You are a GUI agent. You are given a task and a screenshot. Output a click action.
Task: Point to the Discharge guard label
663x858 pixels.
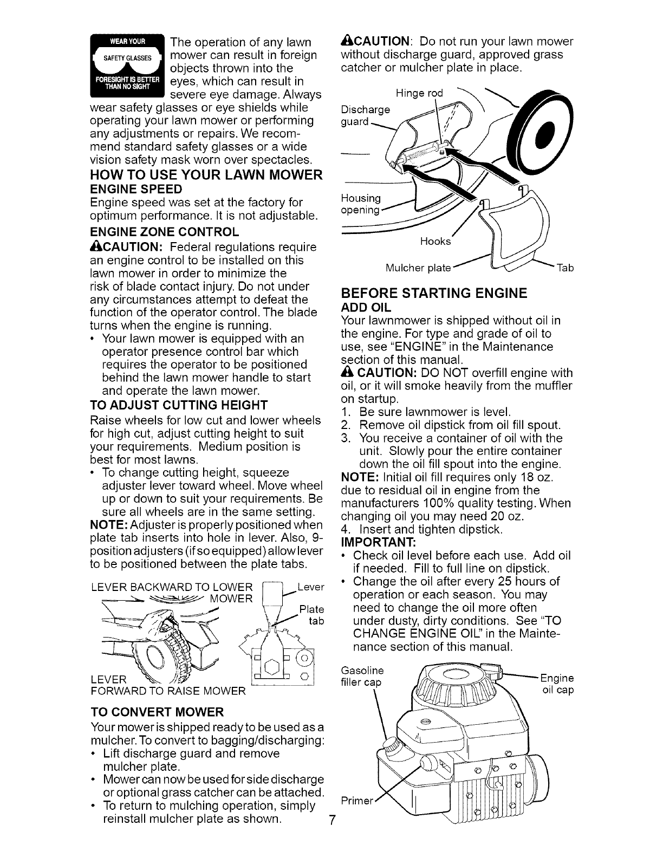point(365,115)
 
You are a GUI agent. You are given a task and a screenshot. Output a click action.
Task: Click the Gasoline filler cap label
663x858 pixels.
point(361,677)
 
